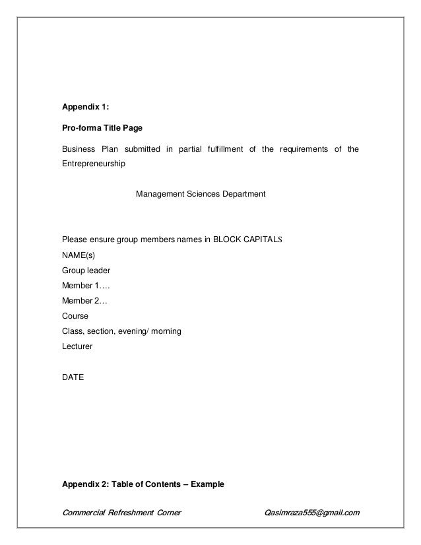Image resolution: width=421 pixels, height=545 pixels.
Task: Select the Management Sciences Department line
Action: (x=201, y=195)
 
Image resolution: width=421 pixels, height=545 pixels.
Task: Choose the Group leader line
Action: (x=86, y=271)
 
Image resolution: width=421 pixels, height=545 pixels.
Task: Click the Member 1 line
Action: (x=86, y=285)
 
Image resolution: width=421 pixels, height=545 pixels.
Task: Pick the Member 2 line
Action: (x=84, y=300)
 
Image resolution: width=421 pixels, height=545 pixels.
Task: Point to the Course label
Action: (x=75, y=315)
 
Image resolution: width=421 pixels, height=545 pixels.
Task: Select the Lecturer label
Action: (x=77, y=345)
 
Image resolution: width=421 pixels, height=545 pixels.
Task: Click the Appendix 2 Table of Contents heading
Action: (x=143, y=484)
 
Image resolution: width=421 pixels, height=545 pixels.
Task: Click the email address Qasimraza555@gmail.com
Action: (x=311, y=511)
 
